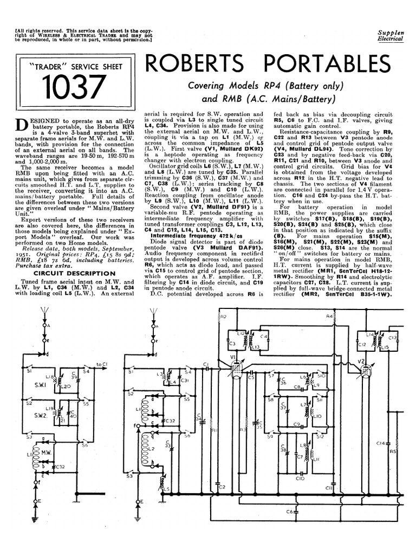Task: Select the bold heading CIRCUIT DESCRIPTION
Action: [65, 274]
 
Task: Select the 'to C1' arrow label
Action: [101, 364]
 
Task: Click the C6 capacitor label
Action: [290, 512]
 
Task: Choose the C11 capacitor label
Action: [329, 488]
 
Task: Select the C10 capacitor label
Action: [301, 478]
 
